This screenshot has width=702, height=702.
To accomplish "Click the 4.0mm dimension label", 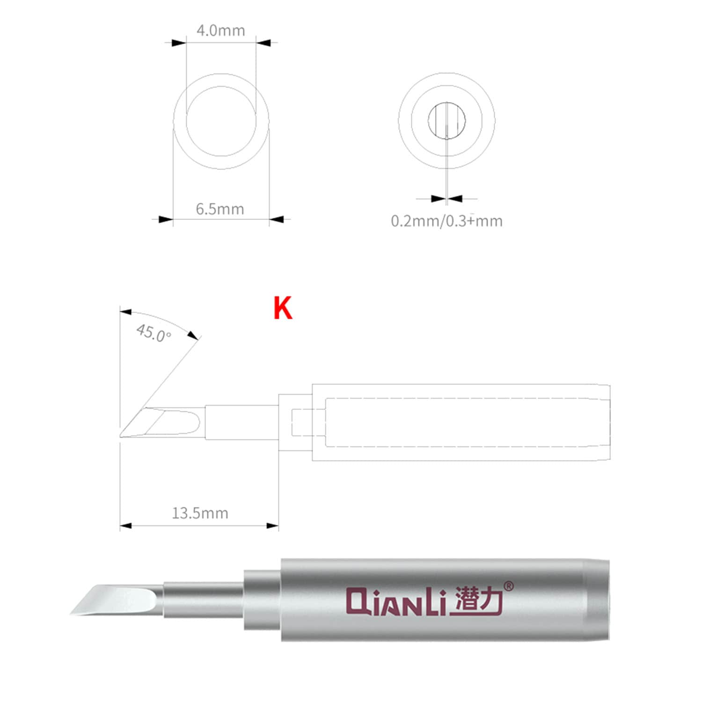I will (220, 31).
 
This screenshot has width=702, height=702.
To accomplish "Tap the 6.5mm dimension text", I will (220, 209).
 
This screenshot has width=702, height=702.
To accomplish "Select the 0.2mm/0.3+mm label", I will (446, 221).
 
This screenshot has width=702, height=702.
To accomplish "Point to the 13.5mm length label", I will (200, 513).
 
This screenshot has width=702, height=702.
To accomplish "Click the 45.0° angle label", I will (154, 333).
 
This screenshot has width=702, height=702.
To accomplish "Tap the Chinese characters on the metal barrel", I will (478, 600).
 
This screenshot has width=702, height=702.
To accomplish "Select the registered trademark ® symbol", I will (508, 586).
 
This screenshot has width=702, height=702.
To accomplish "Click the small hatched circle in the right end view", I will (446, 120).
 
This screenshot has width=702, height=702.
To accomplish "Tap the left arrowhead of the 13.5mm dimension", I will (125, 526).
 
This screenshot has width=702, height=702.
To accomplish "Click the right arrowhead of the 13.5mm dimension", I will (273, 526).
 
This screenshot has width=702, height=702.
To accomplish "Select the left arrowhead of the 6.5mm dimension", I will (166, 219).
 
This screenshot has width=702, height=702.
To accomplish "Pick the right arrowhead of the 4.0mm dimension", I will (263, 43).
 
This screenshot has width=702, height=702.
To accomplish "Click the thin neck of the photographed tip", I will (204, 600).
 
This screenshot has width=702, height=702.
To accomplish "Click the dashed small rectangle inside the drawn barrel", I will (302, 423).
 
